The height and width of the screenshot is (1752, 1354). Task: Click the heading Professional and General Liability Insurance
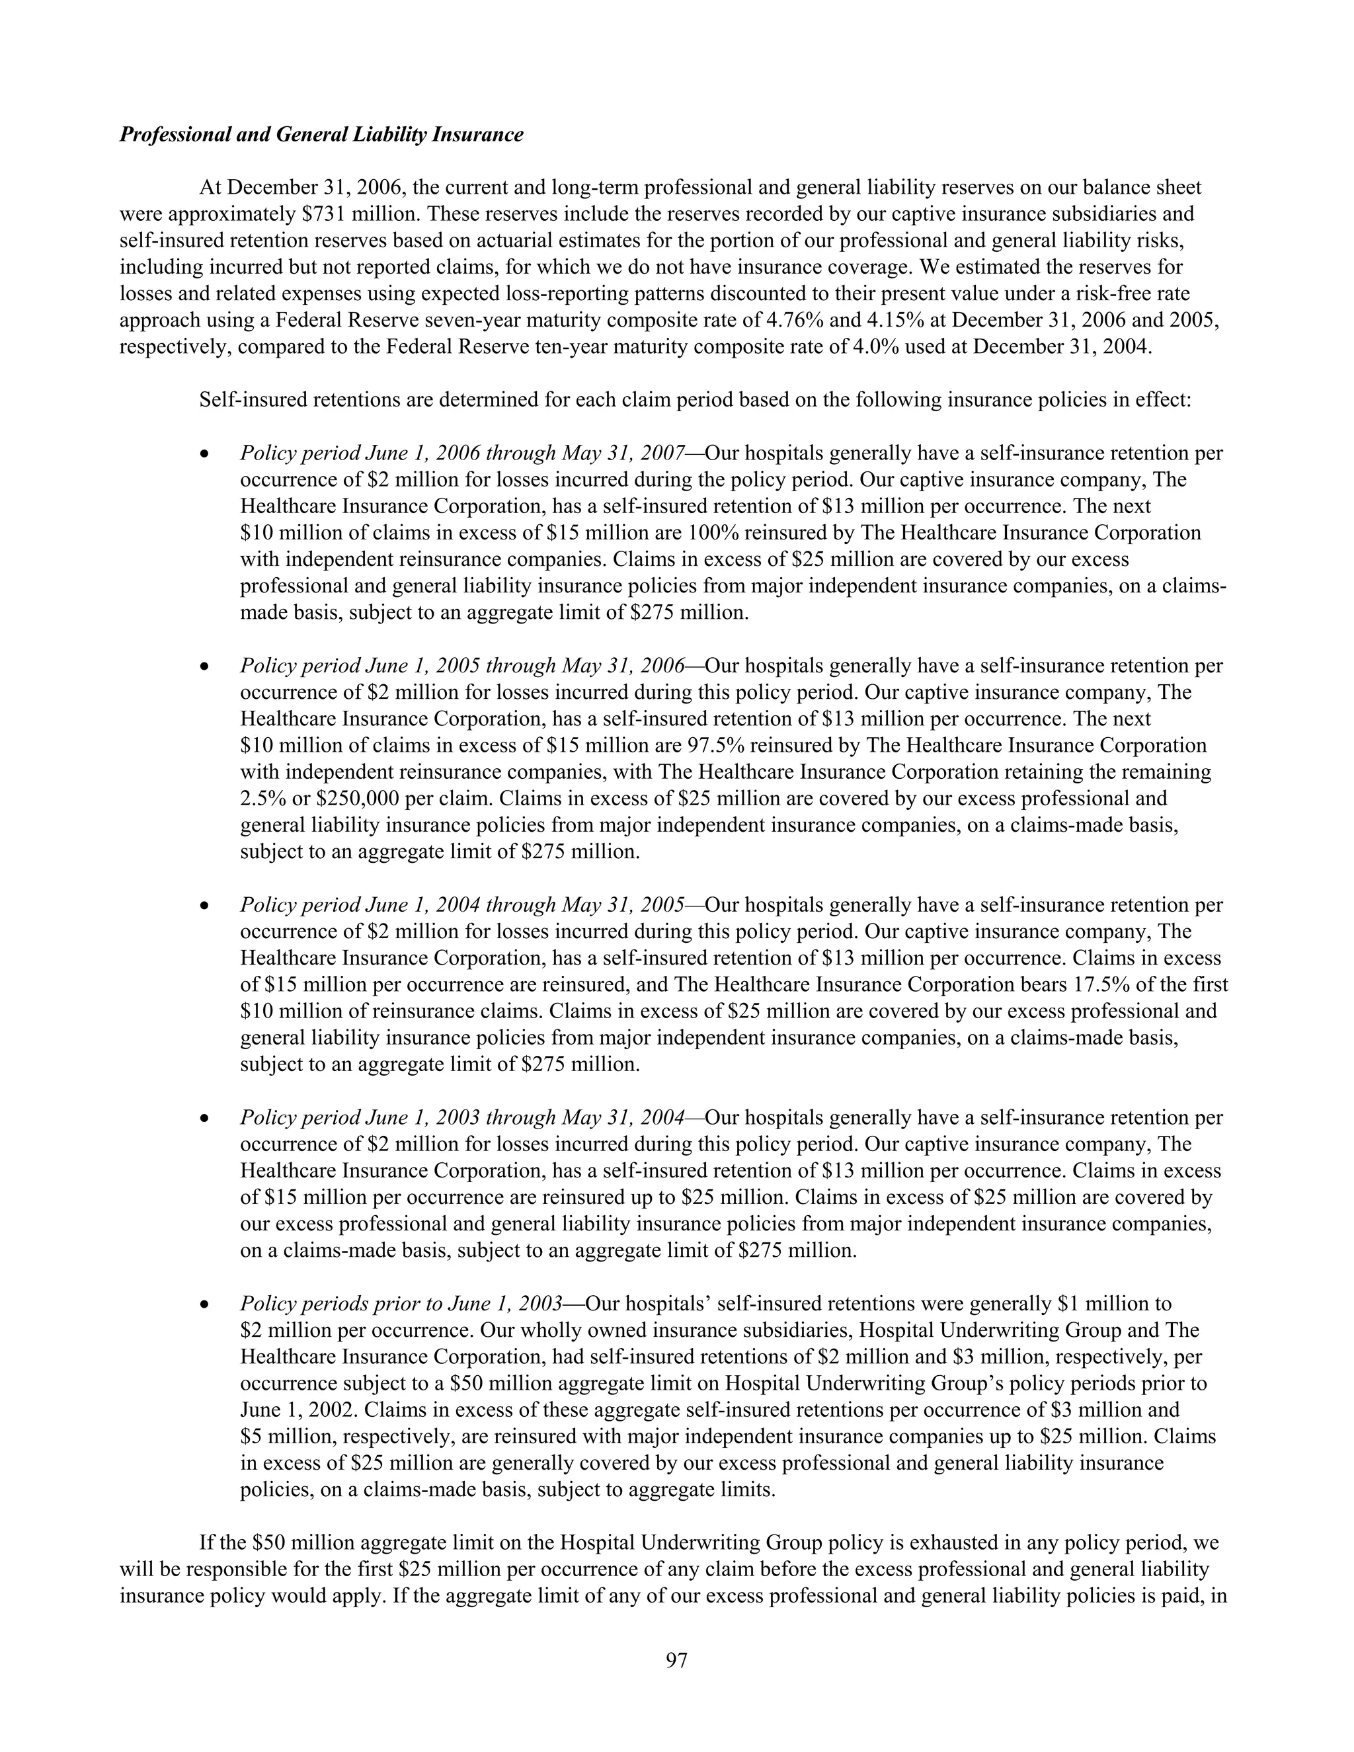pyautogui.click(x=321, y=135)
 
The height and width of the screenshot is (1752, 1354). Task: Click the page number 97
pyautogui.click(x=676, y=1661)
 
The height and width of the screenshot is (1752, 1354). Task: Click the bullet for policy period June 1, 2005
pyautogui.click(x=206, y=666)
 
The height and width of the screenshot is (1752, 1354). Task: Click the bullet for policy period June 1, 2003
pyautogui.click(x=206, y=1117)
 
